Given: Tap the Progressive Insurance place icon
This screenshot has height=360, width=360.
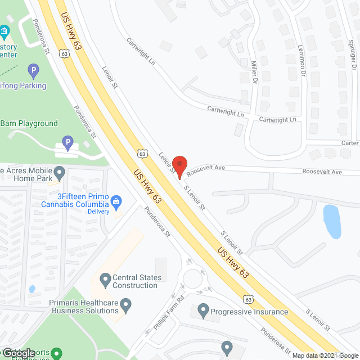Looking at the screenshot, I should pyautogui.click(x=203, y=310).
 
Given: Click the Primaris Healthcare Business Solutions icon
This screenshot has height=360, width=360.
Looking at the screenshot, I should pyautogui.click(x=127, y=306).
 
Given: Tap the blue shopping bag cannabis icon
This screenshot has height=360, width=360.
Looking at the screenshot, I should pyautogui.click(x=116, y=200).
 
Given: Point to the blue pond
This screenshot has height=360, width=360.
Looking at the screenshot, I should pyautogui.click(x=332, y=221).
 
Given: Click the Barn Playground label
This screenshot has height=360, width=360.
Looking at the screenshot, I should pyautogui.click(x=29, y=123).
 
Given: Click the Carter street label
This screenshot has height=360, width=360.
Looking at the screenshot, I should pyautogui.click(x=349, y=143).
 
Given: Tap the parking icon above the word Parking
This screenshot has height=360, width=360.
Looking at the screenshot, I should pyautogui.click(x=33, y=71).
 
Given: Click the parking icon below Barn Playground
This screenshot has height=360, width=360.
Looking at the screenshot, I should pyautogui.click(x=67, y=142).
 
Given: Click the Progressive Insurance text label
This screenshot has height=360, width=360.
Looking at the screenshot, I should pyautogui.click(x=250, y=312).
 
